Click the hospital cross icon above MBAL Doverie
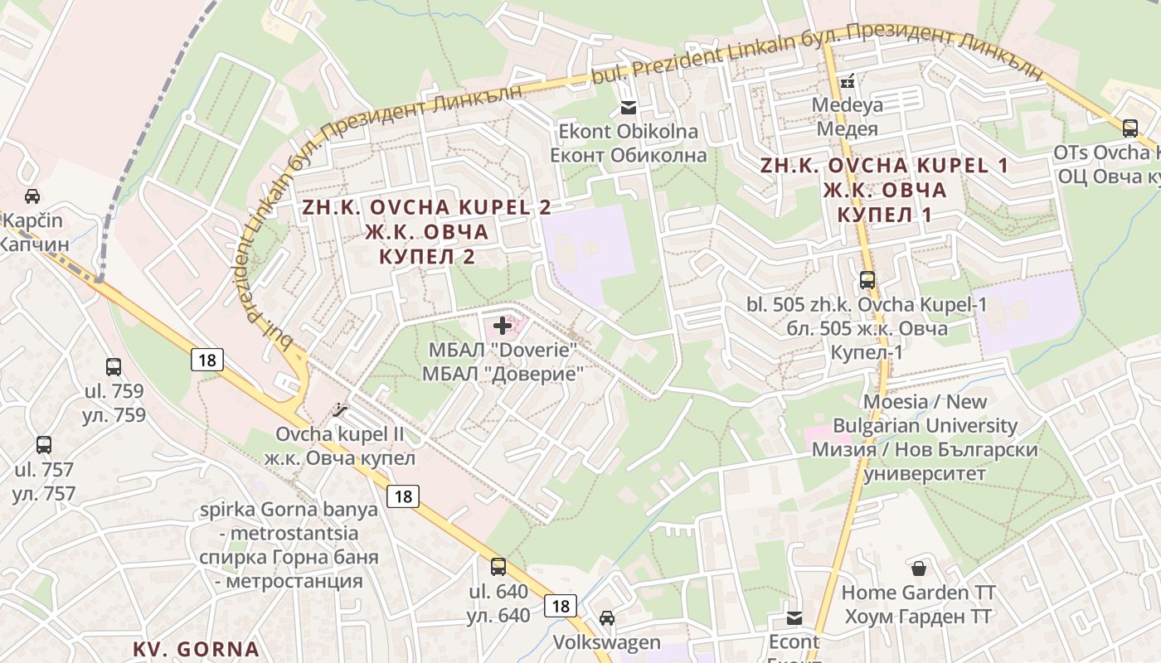click(503, 326)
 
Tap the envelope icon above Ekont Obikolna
click(629, 107)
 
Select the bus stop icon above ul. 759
click(114, 366)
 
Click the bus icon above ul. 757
click(44, 445)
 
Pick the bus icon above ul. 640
click(498, 567)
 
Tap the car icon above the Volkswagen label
click(607, 617)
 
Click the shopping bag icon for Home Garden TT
click(919, 568)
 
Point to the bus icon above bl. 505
click(867, 279)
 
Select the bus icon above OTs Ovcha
click(1130, 128)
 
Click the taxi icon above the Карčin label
click(32, 196)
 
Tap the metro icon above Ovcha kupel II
click(340, 409)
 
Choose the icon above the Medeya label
click(847, 81)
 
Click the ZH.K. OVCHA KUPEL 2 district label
click(428, 231)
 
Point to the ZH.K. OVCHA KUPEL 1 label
click(885, 190)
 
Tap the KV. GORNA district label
click(197, 648)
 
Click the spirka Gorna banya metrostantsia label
click(289, 544)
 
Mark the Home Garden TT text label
click(919, 604)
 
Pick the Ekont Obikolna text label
click(629, 143)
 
